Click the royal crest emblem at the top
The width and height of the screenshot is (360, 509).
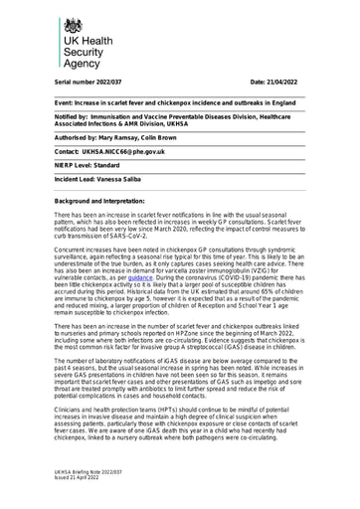coord(73,26)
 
